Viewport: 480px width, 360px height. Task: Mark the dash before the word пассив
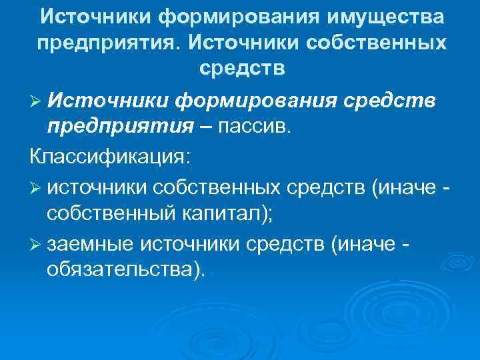point(189,126)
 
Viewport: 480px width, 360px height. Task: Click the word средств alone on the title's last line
point(242,67)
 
